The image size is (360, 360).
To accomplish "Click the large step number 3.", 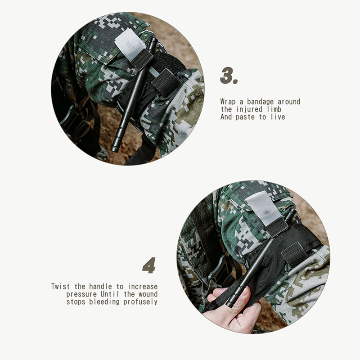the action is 229,76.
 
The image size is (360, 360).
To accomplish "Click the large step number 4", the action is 149,265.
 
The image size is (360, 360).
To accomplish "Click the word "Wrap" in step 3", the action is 228,102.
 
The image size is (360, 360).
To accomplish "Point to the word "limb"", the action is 274,109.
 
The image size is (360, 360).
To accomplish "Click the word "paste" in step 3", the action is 245,117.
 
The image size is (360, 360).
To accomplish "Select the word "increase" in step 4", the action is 143,287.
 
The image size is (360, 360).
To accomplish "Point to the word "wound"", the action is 148,294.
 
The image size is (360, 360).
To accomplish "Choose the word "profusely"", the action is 140,302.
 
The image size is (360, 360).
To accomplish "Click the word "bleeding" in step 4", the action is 104,301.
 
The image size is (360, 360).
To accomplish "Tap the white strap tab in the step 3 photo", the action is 130,44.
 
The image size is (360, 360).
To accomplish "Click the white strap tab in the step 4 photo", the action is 264,208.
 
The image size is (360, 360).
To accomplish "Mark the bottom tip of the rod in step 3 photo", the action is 115,150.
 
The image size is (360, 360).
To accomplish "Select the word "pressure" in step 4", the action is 81,294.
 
